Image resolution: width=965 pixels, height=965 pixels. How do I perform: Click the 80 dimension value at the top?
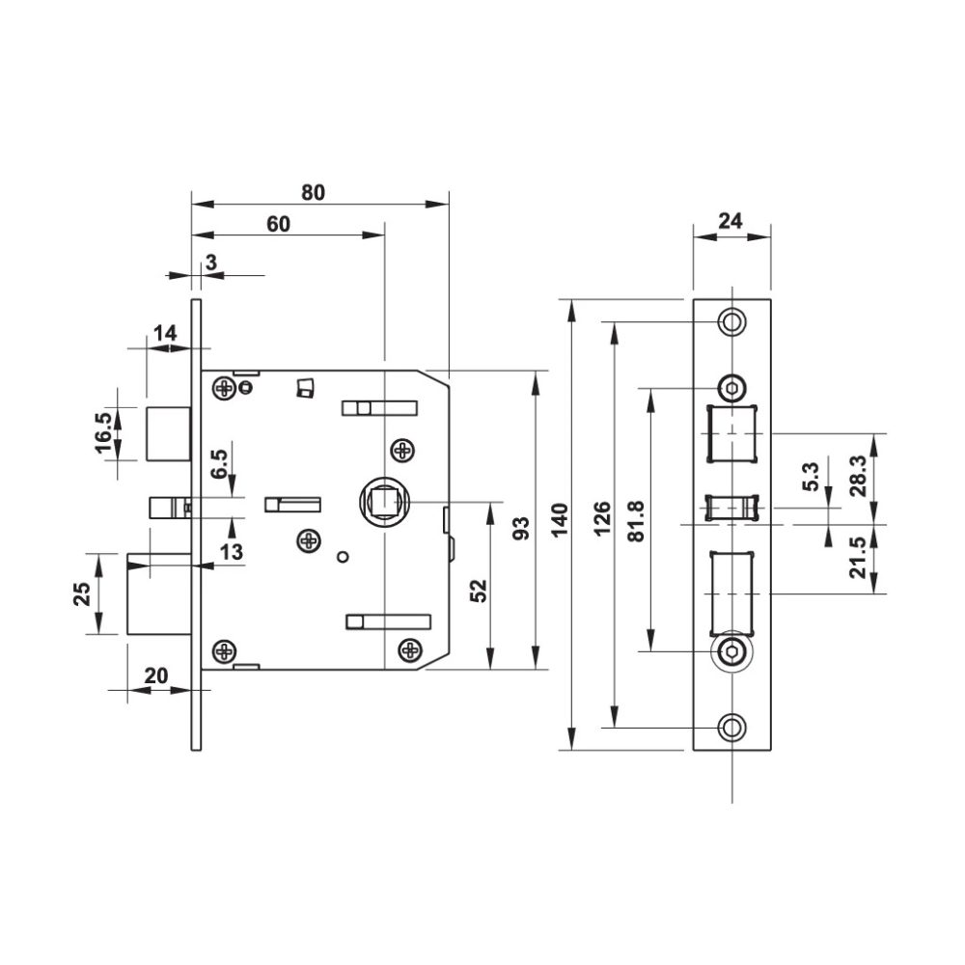click(313, 191)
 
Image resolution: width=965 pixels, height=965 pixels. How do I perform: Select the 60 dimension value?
click(278, 223)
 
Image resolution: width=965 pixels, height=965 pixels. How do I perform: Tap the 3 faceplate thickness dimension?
click(209, 262)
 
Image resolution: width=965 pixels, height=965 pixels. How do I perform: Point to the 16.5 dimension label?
click(104, 434)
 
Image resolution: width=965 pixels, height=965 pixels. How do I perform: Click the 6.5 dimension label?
click(220, 464)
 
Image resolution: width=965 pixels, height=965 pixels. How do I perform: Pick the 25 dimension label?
click(83, 593)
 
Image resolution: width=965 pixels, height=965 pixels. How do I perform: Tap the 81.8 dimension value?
click(636, 522)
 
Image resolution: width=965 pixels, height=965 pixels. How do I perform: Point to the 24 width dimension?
click(731, 221)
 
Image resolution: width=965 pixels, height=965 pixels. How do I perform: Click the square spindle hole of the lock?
click(385, 502)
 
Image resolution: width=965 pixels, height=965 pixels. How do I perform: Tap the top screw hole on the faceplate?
click(732, 320)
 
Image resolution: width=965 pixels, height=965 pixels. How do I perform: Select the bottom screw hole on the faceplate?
click(732, 727)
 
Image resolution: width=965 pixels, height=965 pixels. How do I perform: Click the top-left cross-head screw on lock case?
click(226, 388)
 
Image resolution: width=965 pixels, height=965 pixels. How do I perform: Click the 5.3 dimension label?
click(811, 477)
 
